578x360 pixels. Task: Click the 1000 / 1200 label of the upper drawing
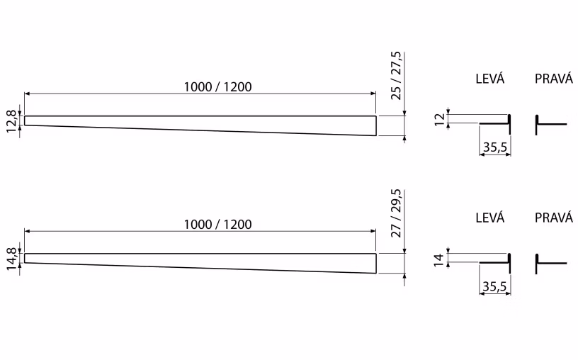tap(218, 87)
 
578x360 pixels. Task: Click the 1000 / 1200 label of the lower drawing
tap(218, 225)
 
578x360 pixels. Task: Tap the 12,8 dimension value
tap(11, 121)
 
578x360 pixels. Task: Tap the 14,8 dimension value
tap(11, 259)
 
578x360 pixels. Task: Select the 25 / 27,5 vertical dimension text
tap(396, 76)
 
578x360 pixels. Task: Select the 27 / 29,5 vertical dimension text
tap(396, 213)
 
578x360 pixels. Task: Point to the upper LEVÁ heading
tap(490, 79)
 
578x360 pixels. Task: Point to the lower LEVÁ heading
tap(490, 218)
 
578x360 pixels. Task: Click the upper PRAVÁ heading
tap(554, 79)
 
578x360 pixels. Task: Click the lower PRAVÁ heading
tap(554, 218)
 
